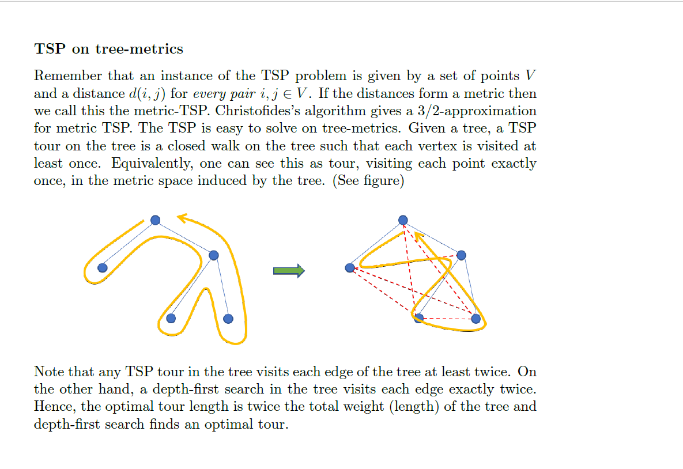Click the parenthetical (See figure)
click(369, 181)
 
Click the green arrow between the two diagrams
click(289, 271)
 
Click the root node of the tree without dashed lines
click(155, 220)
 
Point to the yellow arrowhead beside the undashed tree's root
click(183, 218)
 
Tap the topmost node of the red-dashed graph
click(403, 220)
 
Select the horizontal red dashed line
click(447, 319)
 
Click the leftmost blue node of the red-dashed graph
click(349, 267)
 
